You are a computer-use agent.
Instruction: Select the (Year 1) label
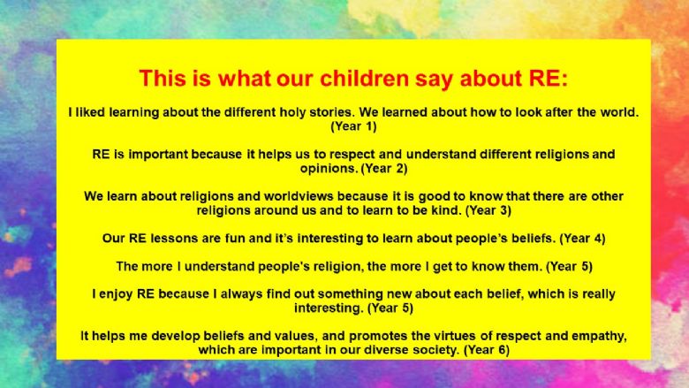pos(353,126)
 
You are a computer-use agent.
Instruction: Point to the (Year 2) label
pos(384,168)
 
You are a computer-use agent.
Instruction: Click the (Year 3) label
pos(488,210)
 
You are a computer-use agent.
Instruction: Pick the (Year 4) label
pos(582,239)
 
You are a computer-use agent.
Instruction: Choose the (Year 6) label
pos(487,350)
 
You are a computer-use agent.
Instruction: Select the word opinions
pos(329,169)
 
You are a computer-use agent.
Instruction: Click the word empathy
pos(601,337)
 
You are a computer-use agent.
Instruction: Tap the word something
pos(349,294)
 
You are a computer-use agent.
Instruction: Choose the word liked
pos(89,112)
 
